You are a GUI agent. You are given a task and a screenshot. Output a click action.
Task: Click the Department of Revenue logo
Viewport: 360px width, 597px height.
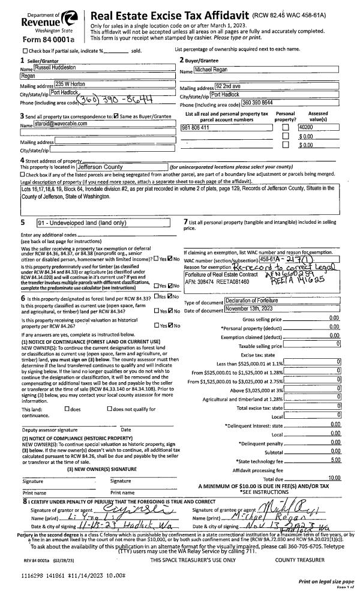(x=45, y=20)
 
